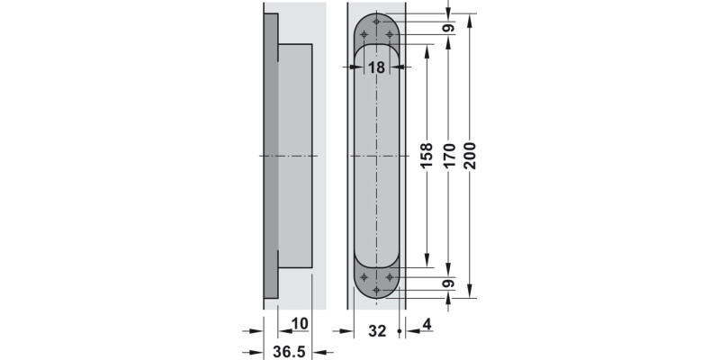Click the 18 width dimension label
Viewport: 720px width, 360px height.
click(x=376, y=67)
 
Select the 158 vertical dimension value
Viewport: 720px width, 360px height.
click(x=427, y=155)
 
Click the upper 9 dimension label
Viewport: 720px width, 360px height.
click(x=447, y=27)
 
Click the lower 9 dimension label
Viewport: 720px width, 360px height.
click(x=447, y=283)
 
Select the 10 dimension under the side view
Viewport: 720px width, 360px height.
click(x=299, y=323)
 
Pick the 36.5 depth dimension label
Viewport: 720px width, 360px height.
click(x=288, y=352)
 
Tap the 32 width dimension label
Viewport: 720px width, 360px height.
click(x=377, y=331)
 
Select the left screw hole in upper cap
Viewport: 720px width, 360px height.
click(x=364, y=34)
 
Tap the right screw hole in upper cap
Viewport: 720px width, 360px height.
click(x=390, y=34)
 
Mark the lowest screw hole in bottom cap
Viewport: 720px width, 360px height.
click(x=376, y=290)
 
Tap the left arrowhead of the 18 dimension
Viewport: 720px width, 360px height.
click(x=358, y=67)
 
